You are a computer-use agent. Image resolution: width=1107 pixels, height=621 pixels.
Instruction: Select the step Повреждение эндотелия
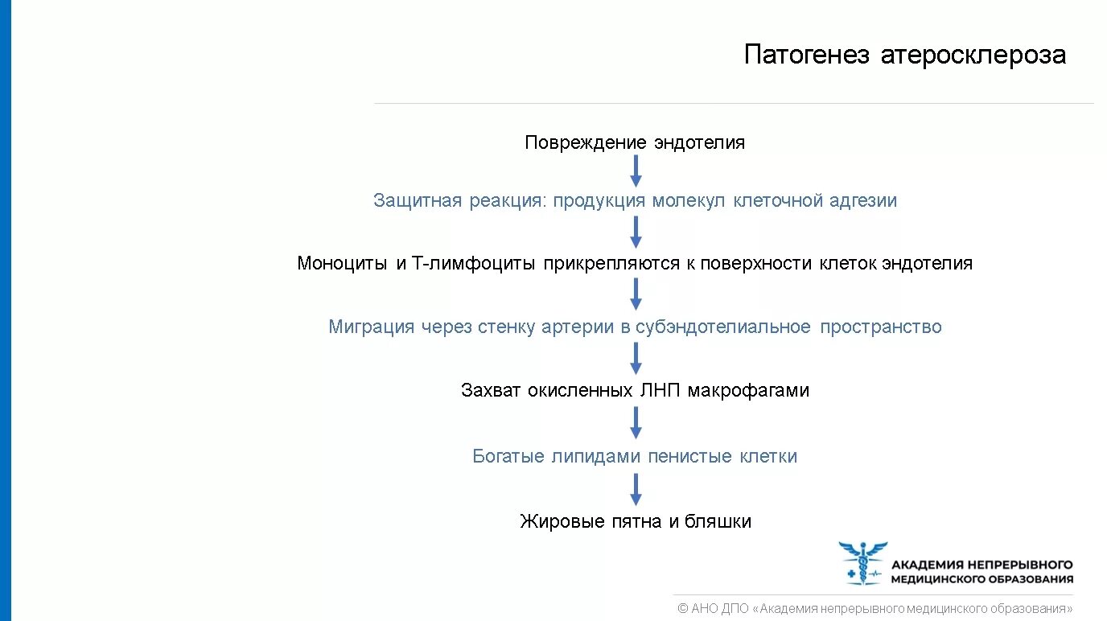635,143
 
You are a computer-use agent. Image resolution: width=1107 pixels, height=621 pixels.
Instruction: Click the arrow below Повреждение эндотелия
636,171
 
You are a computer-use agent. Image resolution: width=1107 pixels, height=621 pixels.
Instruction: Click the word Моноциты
342,263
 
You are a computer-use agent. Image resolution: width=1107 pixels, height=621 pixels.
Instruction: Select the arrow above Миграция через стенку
636,294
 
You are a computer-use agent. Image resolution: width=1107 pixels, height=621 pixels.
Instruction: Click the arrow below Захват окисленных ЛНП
636,423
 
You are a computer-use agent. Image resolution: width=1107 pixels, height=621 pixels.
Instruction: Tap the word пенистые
689,457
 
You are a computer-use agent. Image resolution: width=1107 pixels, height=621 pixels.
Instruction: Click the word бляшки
718,521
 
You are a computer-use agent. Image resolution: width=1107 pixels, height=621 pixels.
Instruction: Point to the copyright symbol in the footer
682,609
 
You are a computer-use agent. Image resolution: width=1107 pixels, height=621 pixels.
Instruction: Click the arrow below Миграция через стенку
636,359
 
